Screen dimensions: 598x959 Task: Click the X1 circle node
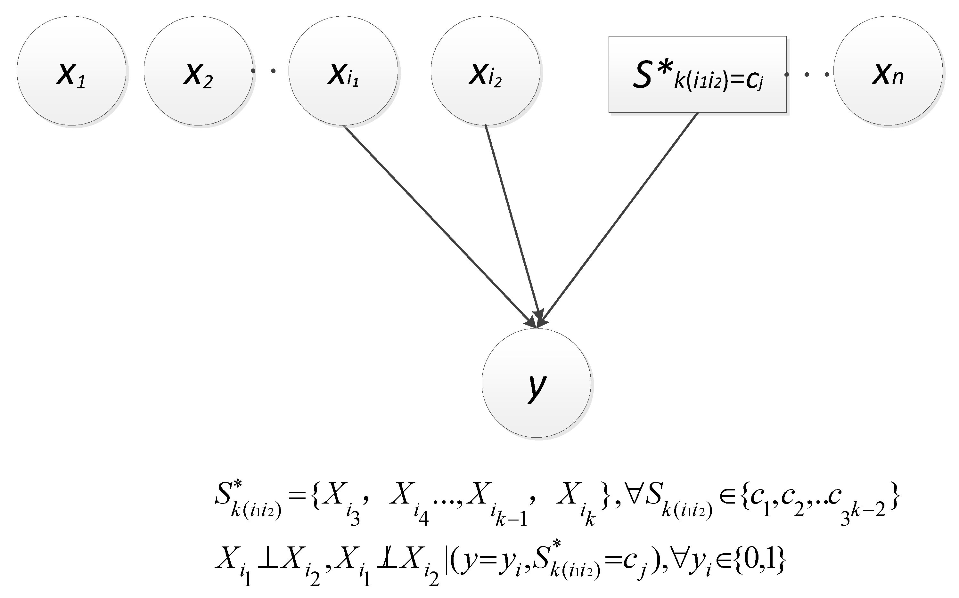click(72, 71)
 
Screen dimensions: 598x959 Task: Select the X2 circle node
click(198, 71)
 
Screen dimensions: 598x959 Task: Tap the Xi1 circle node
click(343, 71)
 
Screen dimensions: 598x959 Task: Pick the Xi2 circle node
click(486, 71)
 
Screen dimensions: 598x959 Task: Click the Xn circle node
click(888, 71)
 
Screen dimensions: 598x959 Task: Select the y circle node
click(536, 383)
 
